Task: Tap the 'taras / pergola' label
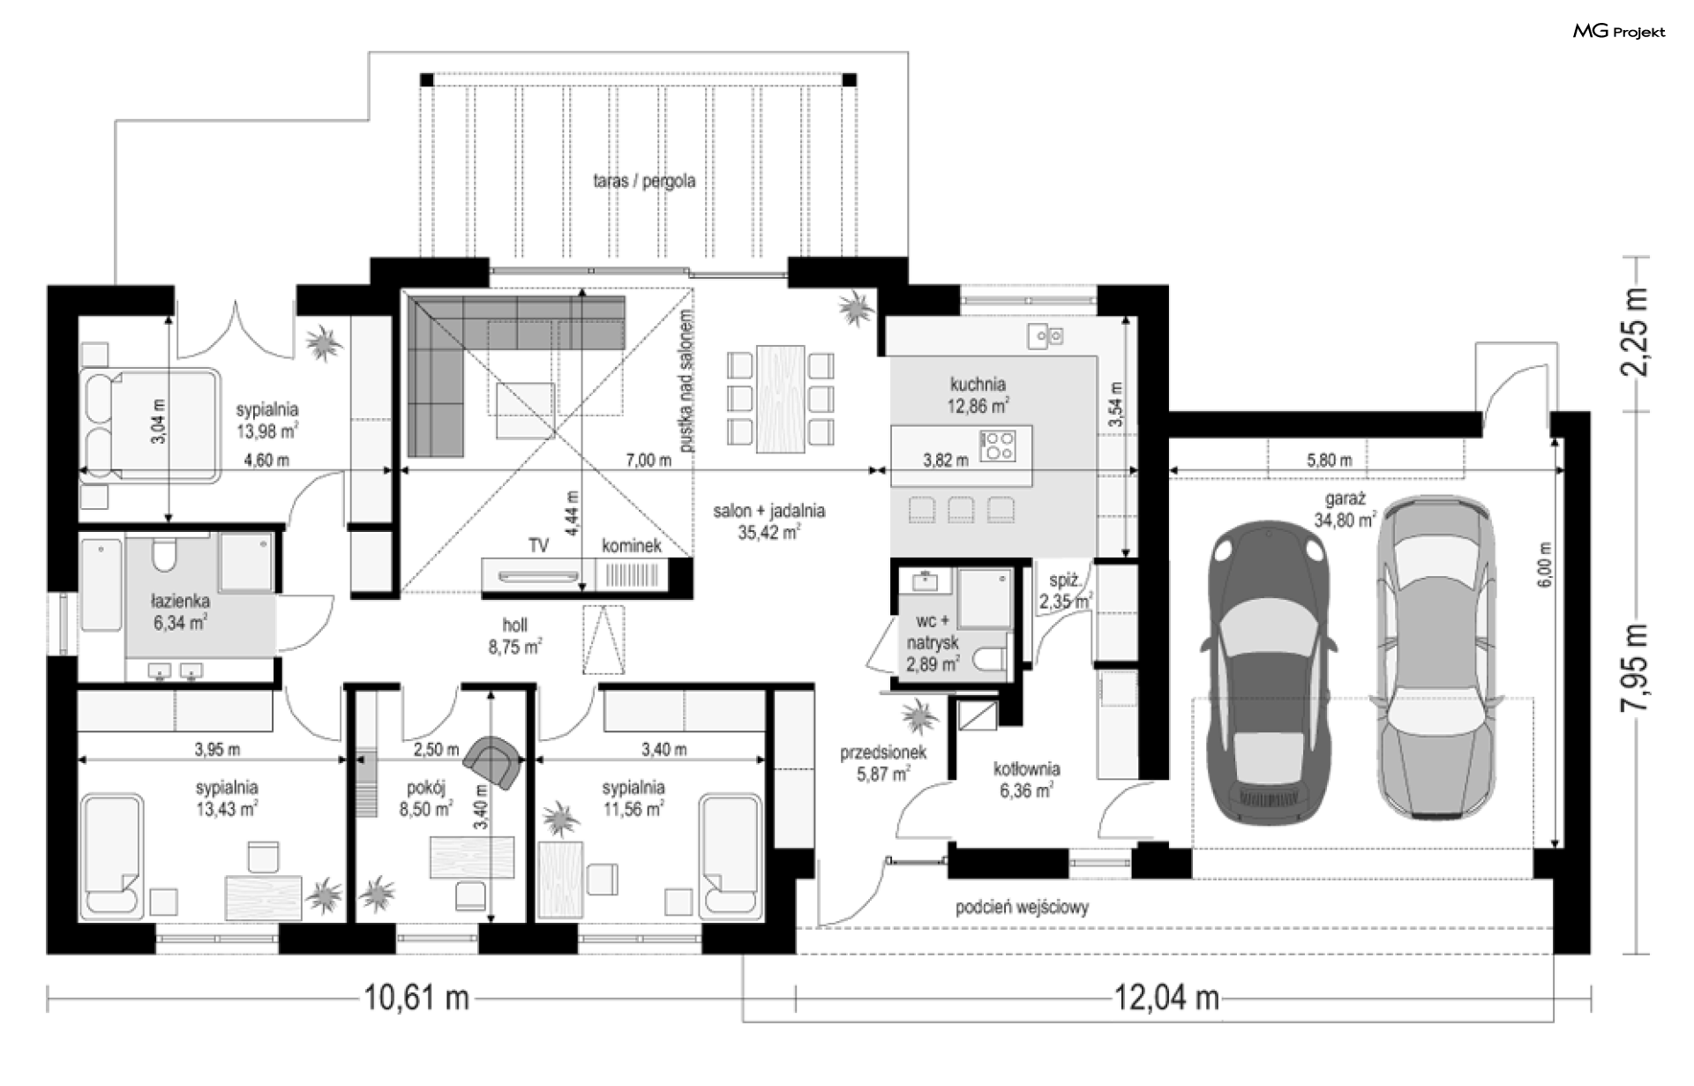(644, 181)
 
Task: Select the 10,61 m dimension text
(416, 998)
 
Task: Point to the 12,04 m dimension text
(1166, 998)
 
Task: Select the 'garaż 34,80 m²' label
(1345, 509)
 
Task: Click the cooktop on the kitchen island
(999, 444)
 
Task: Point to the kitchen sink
(1046, 335)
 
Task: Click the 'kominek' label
(632, 546)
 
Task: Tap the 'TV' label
(538, 546)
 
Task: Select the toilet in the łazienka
(164, 553)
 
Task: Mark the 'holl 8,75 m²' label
(515, 635)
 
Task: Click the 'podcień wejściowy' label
(1022, 907)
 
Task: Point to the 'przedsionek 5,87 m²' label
(882, 763)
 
